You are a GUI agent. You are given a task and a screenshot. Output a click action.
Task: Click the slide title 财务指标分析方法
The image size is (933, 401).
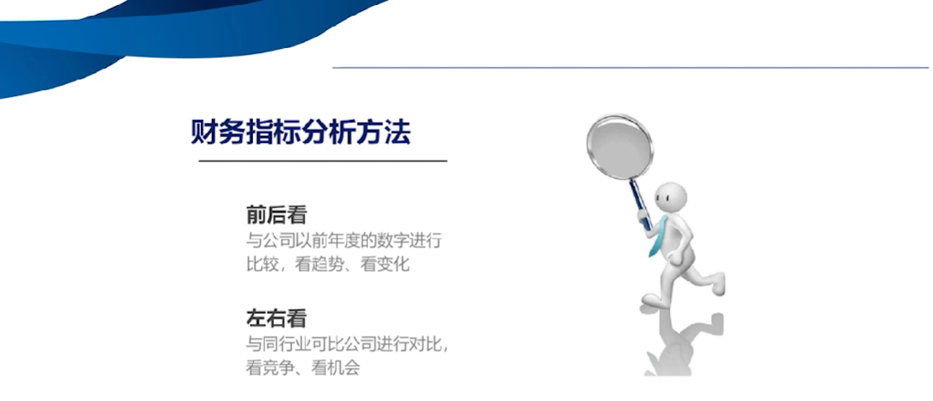[300, 133]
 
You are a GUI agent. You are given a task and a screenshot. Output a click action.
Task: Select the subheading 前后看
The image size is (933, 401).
[276, 215]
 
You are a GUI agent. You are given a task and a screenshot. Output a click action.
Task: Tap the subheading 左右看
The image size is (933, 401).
[276, 319]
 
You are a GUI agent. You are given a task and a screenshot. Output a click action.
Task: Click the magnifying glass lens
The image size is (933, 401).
[620, 147]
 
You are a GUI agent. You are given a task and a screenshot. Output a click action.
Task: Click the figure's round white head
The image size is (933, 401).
[671, 198]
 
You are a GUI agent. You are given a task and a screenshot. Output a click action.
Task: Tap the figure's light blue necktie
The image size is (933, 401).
[658, 237]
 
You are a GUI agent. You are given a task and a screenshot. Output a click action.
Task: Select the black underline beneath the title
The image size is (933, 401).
[323, 161]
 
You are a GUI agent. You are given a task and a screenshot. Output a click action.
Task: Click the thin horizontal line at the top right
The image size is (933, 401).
[630, 67]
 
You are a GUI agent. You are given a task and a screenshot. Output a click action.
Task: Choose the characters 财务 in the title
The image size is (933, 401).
[218, 133]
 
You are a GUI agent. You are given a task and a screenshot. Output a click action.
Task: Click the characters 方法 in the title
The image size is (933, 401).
[384, 133]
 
